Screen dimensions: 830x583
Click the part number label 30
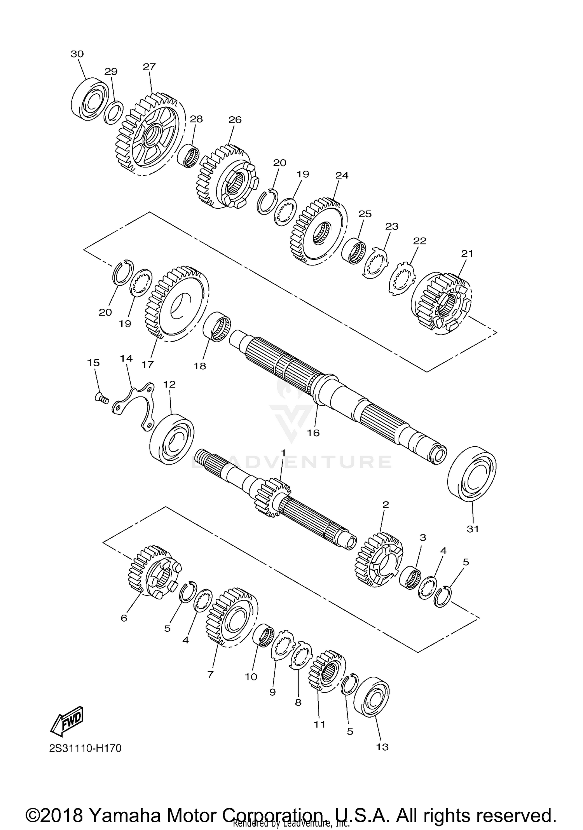pos(77,54)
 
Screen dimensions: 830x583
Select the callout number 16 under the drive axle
pos(313,433)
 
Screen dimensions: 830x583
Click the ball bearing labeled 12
pos(172,439)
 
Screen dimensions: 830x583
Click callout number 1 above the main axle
pos(283,453)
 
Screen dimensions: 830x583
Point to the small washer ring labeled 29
pos(114,112)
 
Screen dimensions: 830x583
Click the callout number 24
pos(342,175)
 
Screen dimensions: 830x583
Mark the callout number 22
pos(419,241)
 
